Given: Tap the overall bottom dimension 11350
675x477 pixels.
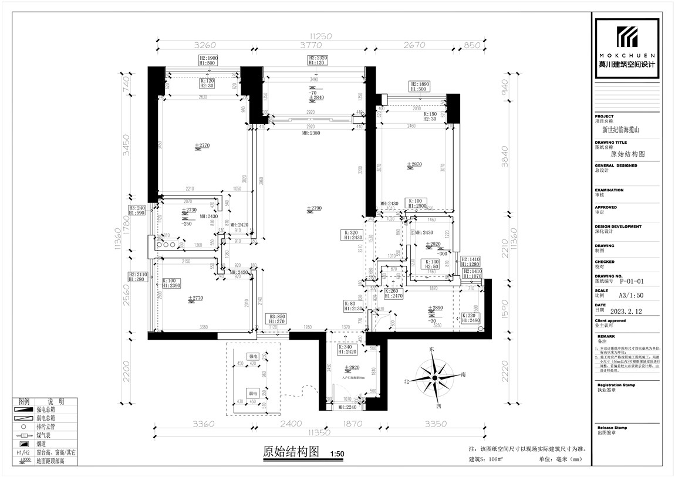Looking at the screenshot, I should point(318,432).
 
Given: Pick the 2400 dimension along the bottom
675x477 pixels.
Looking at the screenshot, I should point(291,424).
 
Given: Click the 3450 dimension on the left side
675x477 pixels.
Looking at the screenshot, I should point(125,151).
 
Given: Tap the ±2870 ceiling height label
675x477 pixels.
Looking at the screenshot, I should point(414,165).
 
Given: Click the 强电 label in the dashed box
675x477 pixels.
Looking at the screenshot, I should point(253,356).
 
